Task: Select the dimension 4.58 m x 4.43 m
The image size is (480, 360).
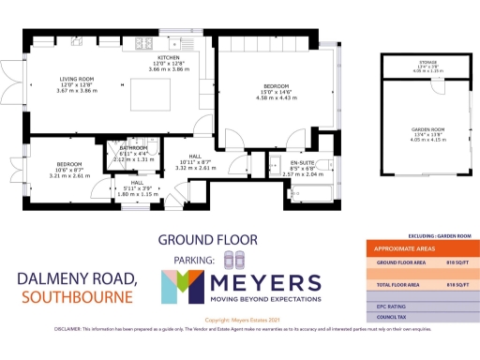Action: [x=273, y=98]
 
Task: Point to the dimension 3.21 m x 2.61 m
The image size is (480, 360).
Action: [x=69, y=175]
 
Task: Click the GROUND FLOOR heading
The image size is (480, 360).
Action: [x=198, y=238]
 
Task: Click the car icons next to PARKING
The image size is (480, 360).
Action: [x=234, y=259]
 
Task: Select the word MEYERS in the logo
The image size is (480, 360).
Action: [x=267, y=284]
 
